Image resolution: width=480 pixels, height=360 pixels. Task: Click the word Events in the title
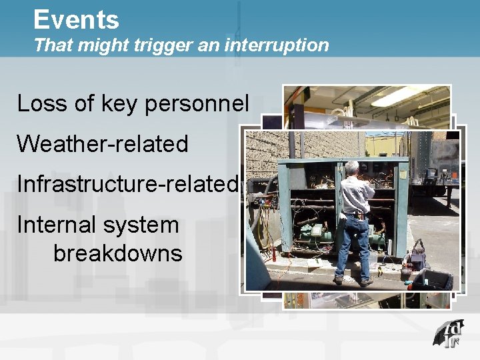(76, 19)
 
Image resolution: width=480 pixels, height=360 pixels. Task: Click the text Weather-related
(103, 144)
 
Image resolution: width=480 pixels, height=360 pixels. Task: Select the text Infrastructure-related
(127, 183)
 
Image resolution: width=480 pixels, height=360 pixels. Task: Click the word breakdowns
(117, 253)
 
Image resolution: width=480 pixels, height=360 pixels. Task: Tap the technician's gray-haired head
(352, 167)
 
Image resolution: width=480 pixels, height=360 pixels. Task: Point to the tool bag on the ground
(418, 257)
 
